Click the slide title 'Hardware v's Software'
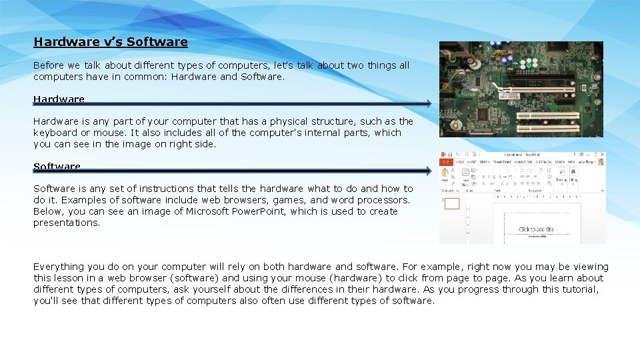point(111,42)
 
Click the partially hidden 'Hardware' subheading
point(59,99)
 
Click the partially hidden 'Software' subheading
point(57,166)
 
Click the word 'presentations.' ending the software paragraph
point(67,223)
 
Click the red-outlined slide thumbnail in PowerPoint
point(451,203)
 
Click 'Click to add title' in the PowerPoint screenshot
point(536,229)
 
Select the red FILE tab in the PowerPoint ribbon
point(444,162)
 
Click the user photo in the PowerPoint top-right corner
point(601,161)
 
